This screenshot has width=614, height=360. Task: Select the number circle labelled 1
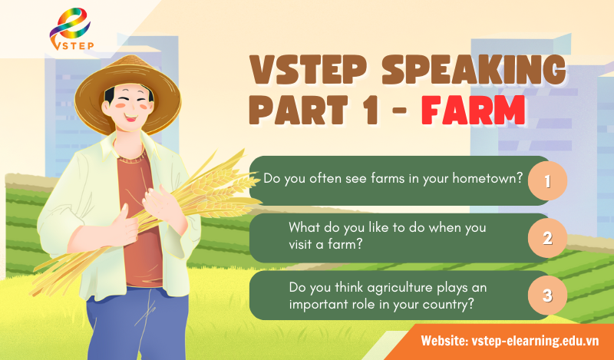click(547, 181)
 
